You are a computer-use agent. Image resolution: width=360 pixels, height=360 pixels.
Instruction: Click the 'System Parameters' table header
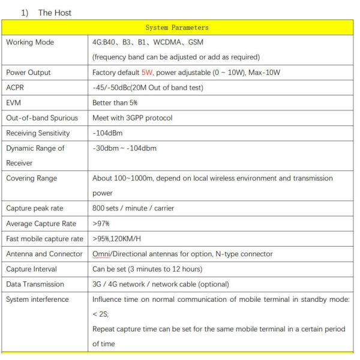177,28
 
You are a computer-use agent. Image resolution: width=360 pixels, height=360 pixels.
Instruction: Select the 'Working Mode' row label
29,43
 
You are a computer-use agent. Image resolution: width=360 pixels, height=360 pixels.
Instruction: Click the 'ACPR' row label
15,88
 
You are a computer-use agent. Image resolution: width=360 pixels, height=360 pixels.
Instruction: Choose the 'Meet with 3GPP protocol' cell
132,118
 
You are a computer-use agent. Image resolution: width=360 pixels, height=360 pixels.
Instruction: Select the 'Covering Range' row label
31,178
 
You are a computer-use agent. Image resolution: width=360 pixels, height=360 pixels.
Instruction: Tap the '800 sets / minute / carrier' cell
133,208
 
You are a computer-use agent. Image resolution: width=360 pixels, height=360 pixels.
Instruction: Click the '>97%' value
101,224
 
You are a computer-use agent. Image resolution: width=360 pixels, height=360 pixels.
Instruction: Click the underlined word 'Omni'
101,254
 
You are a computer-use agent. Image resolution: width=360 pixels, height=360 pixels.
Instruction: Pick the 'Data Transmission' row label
34,284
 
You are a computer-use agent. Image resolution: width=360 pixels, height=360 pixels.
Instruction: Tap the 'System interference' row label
37,299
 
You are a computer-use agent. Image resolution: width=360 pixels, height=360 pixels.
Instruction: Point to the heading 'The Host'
55,13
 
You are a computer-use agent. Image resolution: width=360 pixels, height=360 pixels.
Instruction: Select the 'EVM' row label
14,103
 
